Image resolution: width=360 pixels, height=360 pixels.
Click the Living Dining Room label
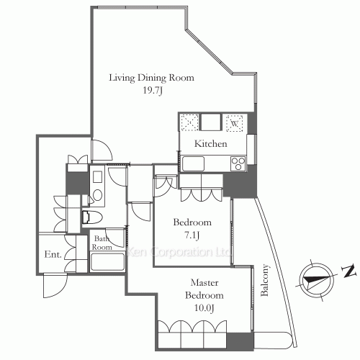coord(151,78)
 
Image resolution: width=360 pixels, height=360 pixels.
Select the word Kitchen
coord(211,144)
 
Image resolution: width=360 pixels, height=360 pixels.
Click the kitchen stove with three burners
coord(238,164)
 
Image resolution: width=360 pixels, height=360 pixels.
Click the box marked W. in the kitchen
coord(235,123)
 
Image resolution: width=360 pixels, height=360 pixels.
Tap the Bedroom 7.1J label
coord(192,228)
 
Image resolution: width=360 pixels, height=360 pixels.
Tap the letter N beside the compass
coord(348,271)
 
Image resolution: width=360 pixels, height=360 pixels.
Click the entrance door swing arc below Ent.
coord(54,286)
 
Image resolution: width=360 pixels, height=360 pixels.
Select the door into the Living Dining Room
coord(101,148)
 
